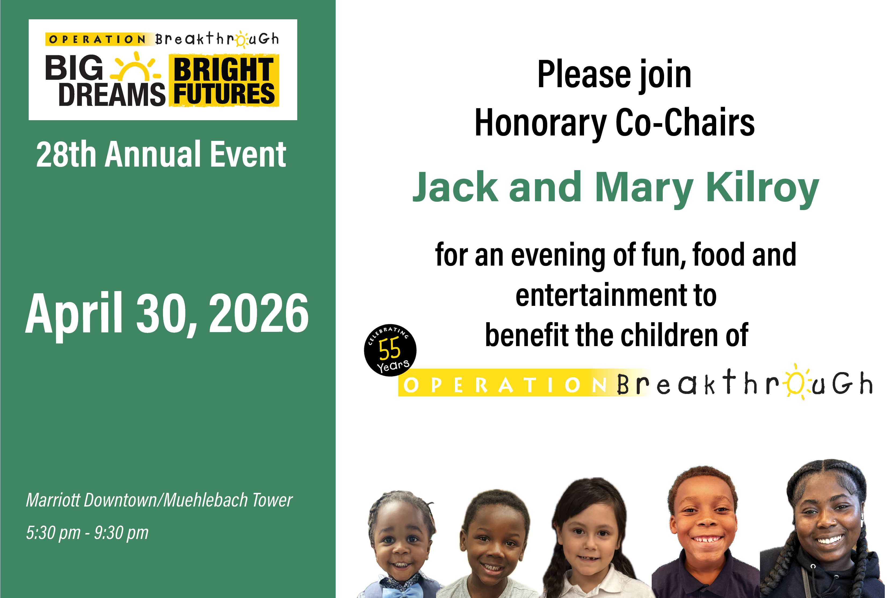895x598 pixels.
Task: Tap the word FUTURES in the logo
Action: coord(224,93)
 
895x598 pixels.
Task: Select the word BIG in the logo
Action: coord(74,68)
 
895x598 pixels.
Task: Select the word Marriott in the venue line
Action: coord(53,500)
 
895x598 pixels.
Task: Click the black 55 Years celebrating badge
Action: coord(390,350)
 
